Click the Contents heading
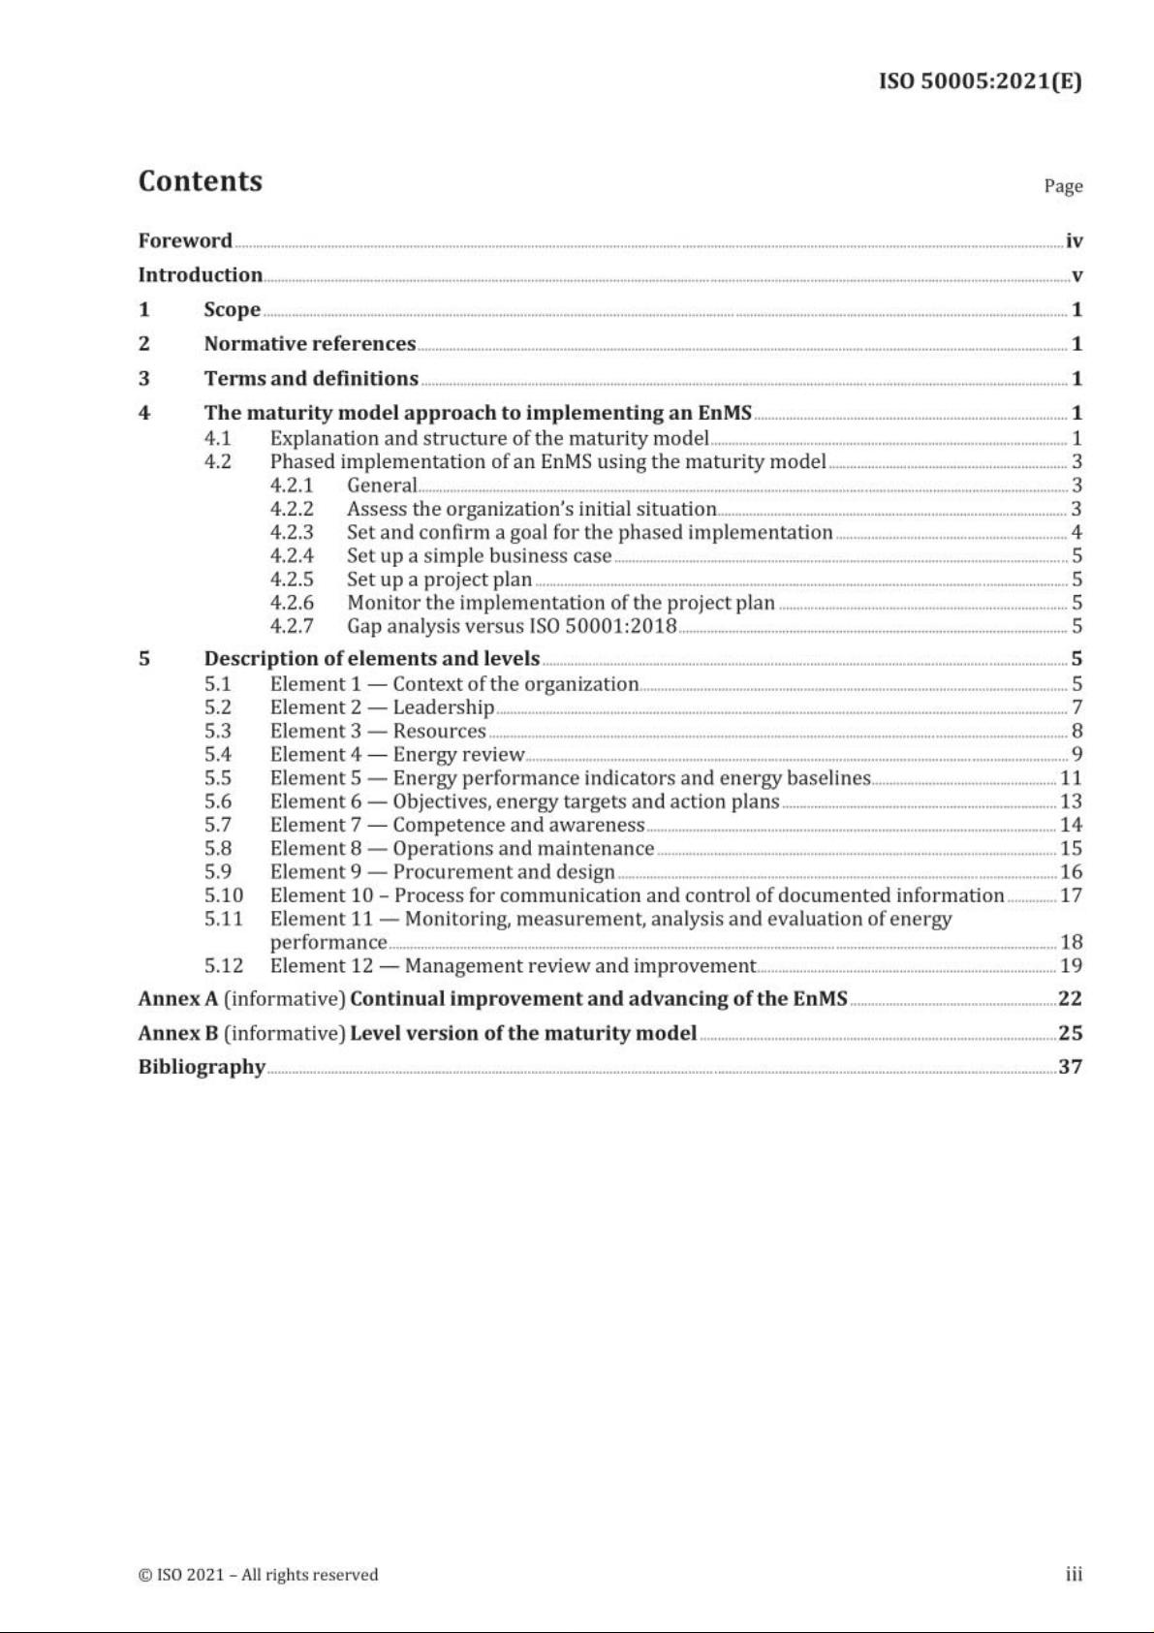point(201,181)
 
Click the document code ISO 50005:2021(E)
point(980,81)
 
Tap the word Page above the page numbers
point(1063,186)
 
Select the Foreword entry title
point(185,240)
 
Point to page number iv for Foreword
point(1074,241)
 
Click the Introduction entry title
point(201,275)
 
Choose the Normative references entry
point(309,344)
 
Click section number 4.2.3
point(292,532)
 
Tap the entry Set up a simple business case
point(479,556)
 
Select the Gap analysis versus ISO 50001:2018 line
point(512,626)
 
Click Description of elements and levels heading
point(372,659)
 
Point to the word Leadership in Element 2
point(443,707)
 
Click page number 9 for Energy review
point(1076,755)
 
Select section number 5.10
point(224,895)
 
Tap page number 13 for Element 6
point(1071,801)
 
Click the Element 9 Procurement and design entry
point(442,872)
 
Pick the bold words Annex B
point(178,1033)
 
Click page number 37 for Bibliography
point(1070,1067)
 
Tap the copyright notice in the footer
point(259,1575)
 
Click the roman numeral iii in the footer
point(1074,1575)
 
